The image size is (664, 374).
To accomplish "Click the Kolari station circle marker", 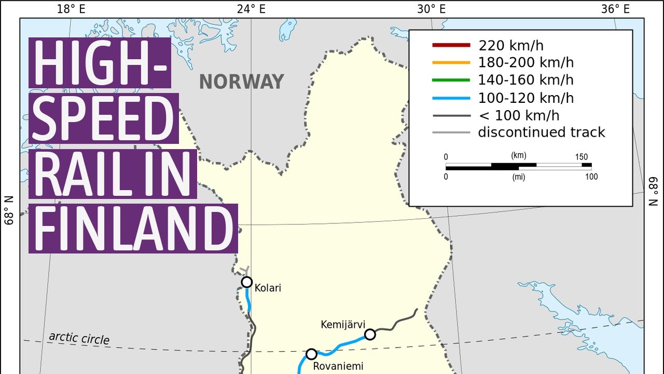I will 247,282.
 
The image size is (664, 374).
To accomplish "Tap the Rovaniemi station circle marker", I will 311,354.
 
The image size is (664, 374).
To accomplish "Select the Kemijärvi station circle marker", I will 370,335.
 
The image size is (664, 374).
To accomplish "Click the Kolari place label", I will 268,288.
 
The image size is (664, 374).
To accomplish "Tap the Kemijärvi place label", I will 340,325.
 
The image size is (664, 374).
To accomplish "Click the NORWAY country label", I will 242,82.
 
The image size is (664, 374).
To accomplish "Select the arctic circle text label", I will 79,338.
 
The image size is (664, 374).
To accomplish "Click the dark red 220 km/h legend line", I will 451,46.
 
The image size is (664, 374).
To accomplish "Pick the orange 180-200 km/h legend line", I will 451,63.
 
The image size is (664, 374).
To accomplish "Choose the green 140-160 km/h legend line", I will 451,81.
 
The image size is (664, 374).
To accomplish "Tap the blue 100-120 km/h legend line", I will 451,98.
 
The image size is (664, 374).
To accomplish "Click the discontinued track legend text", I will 542,132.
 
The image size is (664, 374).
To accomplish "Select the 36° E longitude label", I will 615,9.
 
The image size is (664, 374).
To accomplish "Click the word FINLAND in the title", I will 133,229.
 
